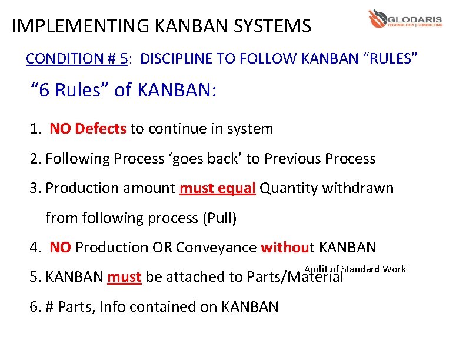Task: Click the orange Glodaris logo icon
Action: click(x=377, y=19)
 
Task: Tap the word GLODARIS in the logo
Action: click(x=415, y=17)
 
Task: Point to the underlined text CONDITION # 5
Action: click(x=76, y=59)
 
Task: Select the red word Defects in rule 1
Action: click(x=101, y=129)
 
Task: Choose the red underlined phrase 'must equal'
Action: click(x=217, y=188)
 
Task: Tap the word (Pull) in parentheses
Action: click(x=219, y=218)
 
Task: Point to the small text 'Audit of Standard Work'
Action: click(x=355, y=269)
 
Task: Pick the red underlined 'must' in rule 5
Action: click(x=124, y=277)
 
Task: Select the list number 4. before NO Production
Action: click(x=35, y=248)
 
